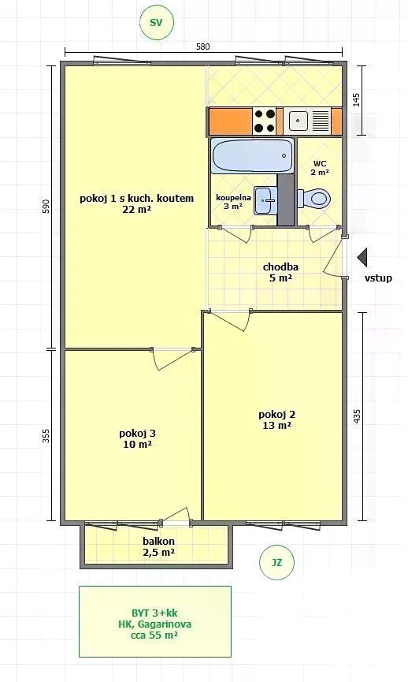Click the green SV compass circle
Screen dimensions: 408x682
coord(157,23)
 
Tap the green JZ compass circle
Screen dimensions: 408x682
coord(276,562)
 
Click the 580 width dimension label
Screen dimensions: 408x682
coord(203,46)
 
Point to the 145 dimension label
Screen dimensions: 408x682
coord(356,100)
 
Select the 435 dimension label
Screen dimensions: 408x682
coord(357,416)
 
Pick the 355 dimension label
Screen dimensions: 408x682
coord(46,436)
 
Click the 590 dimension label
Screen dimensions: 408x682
coord(46,207)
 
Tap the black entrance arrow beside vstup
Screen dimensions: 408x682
coord(362,257)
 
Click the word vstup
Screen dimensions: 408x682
coord(378,278)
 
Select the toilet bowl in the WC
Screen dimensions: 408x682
coord(314,199)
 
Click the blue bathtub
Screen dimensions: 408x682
coord(252,155)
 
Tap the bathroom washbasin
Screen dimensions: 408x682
coord(265,200)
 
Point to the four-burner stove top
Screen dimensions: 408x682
coord(265,121)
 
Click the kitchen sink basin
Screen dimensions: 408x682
coord(299,121)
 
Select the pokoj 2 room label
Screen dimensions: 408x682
coord(276,419)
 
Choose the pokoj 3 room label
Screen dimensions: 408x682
coord(137,438)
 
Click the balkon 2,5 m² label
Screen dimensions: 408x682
coord(158,546)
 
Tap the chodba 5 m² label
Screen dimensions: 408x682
coord(280,272)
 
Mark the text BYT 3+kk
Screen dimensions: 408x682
coord(154,613)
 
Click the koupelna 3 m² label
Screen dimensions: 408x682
coord(233,202)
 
